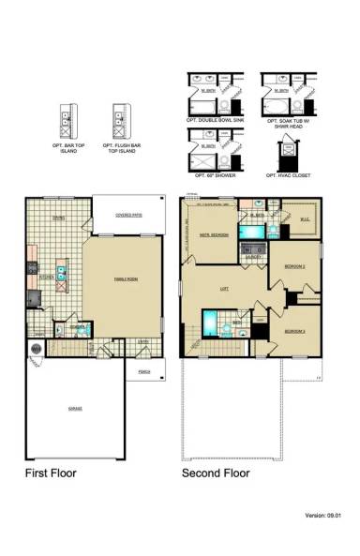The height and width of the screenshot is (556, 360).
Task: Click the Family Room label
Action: pos(125,279)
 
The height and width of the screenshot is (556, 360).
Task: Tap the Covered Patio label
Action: pos(129,215)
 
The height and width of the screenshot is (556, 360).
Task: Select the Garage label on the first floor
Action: pos(75,410)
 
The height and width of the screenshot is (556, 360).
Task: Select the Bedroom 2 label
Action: pos(298,266)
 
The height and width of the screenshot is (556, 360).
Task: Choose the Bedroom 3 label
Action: pos(296,331)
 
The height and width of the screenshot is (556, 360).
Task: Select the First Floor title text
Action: pos(51,473)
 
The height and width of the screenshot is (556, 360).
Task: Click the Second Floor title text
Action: pos(217,473)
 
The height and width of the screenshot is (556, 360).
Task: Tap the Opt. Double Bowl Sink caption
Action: pos(217,122)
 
